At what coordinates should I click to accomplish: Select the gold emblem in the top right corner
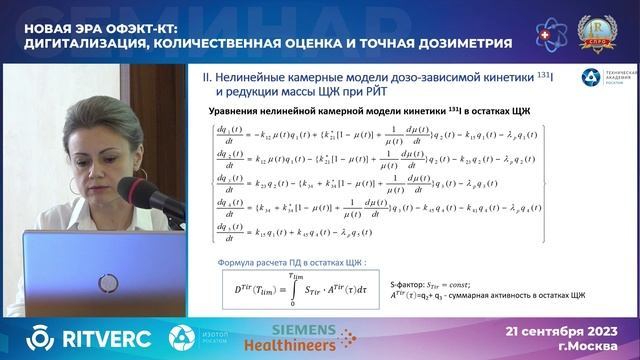coord(603,29)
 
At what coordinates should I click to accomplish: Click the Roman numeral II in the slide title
coord(208,75)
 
